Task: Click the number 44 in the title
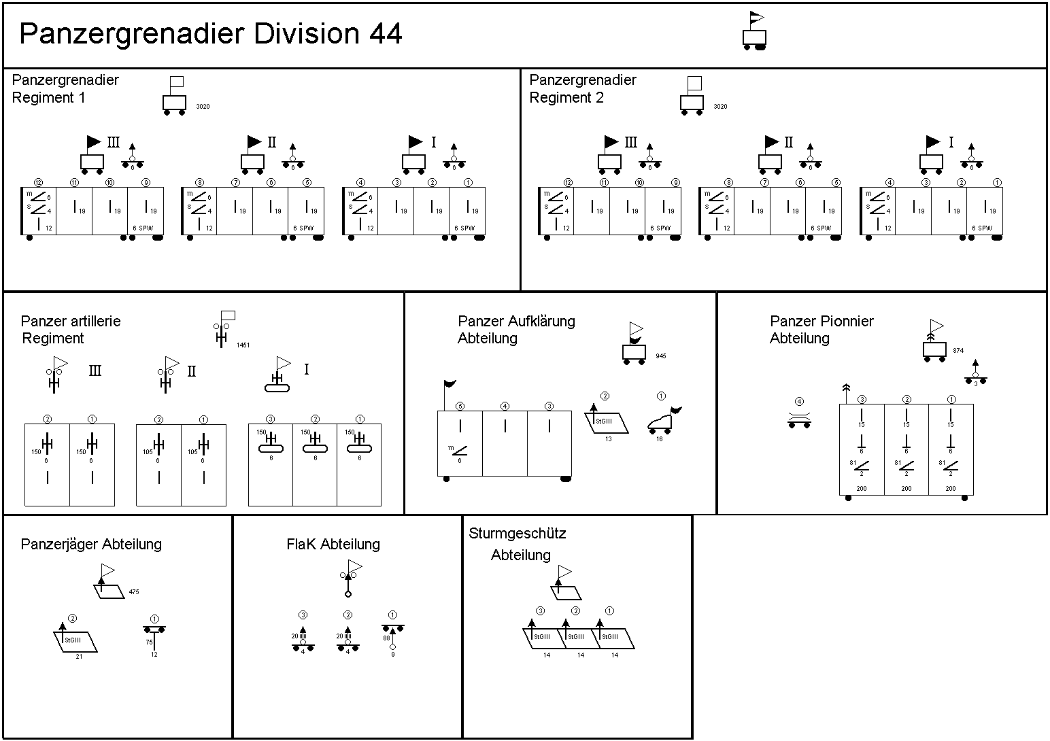pos(386,33)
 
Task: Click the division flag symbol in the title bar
pos(754,31)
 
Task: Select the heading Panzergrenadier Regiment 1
pos(65,88)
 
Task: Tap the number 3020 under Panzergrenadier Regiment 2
pos(720,107)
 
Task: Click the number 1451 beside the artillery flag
pos(243,345)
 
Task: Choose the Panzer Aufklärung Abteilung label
pos(516,330)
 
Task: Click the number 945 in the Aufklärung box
pos(661,356)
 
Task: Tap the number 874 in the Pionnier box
pos(958,351)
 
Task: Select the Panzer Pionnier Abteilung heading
pos(822,330)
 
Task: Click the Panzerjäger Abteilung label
pos(91,545)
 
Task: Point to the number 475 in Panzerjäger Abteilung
pos(134,593)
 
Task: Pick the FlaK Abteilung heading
pos(333,545)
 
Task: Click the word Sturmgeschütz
pos(517,534)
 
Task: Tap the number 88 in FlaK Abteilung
pos(386,638)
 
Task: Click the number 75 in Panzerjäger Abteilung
pos(149,642)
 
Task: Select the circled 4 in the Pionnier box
pos(799,402)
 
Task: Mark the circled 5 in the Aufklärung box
pos(460,407)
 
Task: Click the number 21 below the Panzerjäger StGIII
pos(79,657)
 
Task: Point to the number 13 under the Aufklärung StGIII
pos(608,439)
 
